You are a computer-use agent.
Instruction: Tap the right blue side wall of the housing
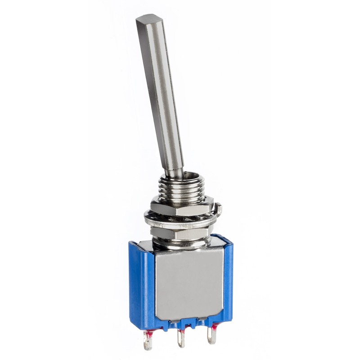tap(228, 279)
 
